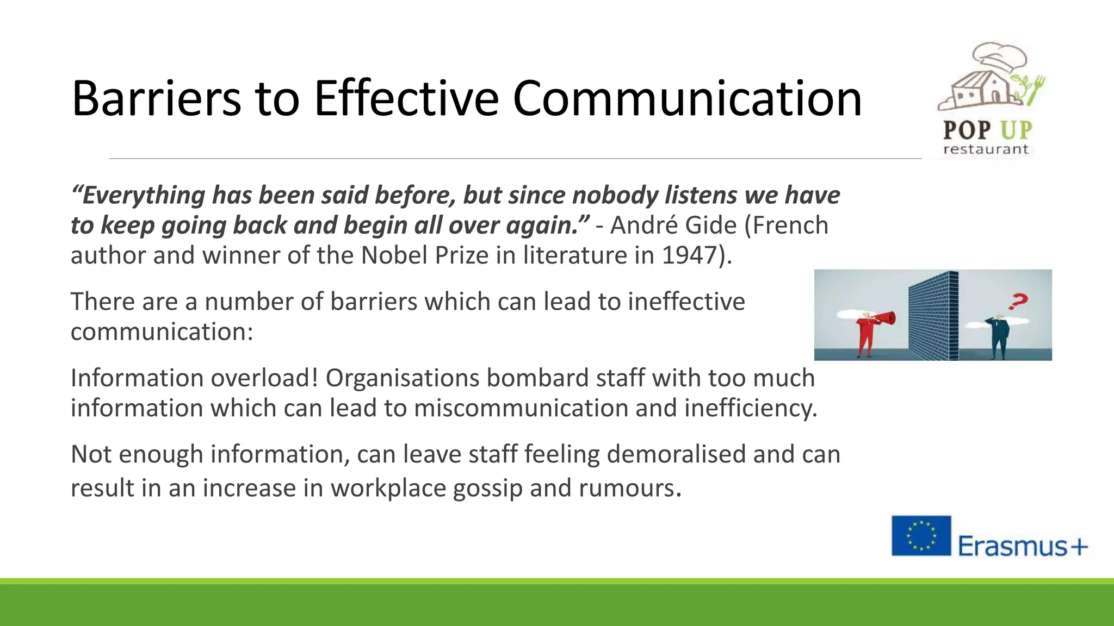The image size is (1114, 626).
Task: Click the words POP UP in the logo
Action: coord(987,130)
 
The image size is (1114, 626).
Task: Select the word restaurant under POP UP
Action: coord(986,149)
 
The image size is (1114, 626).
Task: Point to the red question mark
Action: coord(1018,301)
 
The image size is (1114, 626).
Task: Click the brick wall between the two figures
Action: coord(932,315)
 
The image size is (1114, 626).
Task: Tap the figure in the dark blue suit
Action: coord(999,337)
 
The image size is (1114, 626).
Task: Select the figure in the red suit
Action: coord(865,337)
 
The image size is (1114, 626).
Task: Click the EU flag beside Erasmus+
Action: coord(921,536)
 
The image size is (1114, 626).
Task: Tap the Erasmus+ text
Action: coord(1022,546)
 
